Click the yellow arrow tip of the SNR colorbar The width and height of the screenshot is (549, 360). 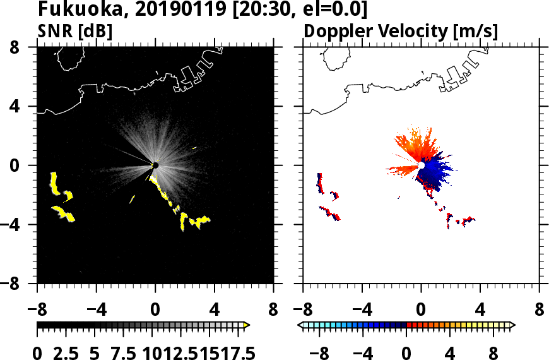point(247,325)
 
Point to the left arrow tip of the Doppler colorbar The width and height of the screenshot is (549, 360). point(300,325)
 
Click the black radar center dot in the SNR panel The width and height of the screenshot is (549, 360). point(155,165)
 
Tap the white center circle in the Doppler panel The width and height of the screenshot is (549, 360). point(421,165)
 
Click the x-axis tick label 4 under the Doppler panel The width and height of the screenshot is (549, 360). point(480,310)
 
